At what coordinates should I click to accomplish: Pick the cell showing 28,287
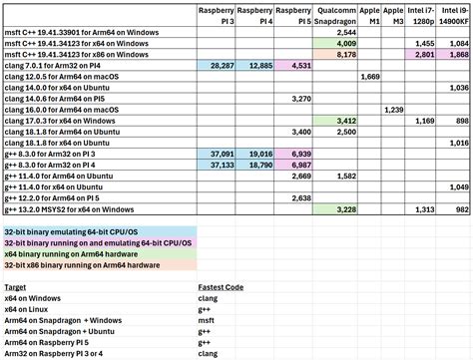pyautogui.click(x=218, y=65)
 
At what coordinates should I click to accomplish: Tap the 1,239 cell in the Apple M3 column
pyautogui.click(x=394, y=108)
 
